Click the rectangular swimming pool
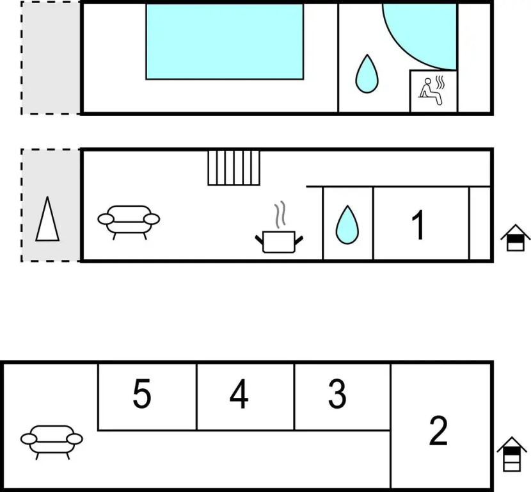[225, 42]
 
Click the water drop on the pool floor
[367, 74]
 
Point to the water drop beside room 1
[347, 225]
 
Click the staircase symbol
[234, 168]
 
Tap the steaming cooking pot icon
[279, 228]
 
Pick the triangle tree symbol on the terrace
[47, 219]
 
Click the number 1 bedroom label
[418, 225]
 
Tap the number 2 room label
[438, 430]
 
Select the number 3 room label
[337, 393]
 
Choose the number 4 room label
[239, 394]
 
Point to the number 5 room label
[142, 393]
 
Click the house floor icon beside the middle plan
[516, 238]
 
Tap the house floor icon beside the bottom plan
[512, 454]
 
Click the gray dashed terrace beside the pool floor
[51, 58]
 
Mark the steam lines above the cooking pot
[280, 215]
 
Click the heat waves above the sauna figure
[440, 82]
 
